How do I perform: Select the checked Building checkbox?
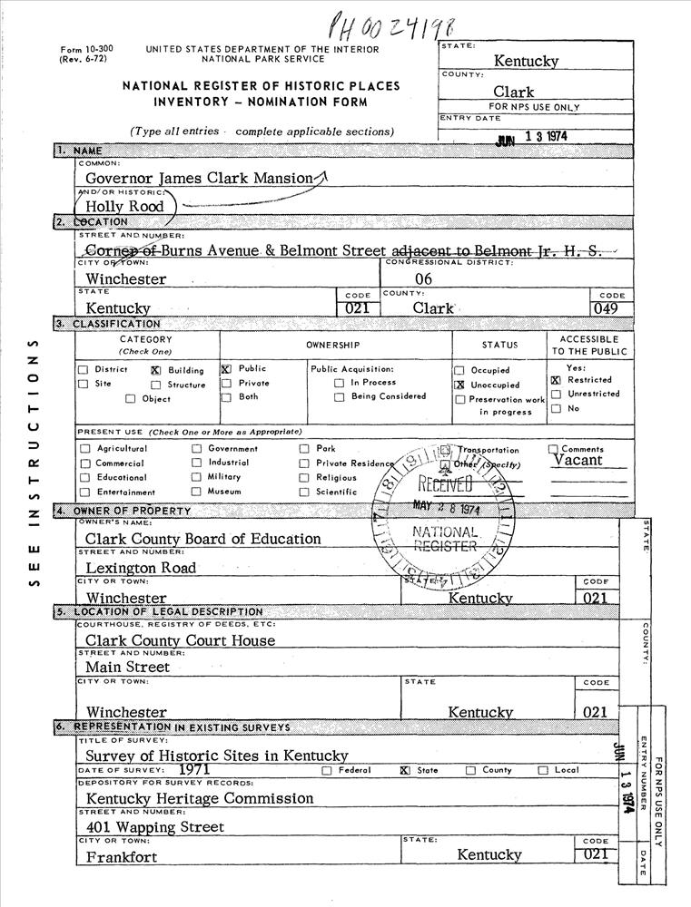tap(155, 370)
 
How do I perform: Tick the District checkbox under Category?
tap(84, 370)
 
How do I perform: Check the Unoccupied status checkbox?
tap(459, 385)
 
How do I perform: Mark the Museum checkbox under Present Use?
tap(196, 492)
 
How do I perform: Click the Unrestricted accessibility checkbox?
tap(556, 395)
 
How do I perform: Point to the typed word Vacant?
tap(577, 460)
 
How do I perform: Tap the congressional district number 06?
tap(423, 279)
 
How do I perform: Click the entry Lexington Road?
tap(141, 568)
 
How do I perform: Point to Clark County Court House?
tap(180, 640)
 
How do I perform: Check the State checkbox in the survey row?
tap(405, 771)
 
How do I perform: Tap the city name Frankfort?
tap(122, 856)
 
